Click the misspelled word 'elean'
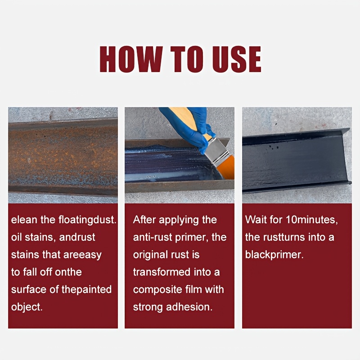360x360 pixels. (x=24, y=220)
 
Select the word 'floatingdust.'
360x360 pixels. (x=87, y=220)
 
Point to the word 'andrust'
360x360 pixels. (x=77, y=237)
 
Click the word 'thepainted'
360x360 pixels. (x=86, y=289)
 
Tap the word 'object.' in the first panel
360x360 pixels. (x=27, y=307)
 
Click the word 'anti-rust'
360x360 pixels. (x=153, y=237)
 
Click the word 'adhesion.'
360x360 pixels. (x=189, y=307)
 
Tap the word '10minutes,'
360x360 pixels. (x=312, y=220)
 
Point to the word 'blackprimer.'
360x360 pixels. (x=274, y=255)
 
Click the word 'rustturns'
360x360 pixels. (x=284, y=237)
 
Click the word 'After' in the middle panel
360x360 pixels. (x=144, y=220)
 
